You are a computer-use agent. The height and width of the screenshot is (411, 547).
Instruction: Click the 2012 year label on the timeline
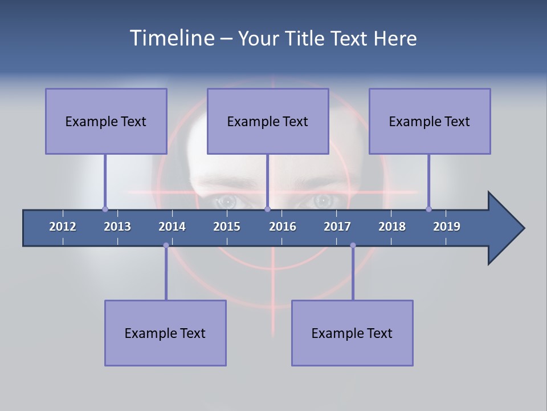(x=63, y=227)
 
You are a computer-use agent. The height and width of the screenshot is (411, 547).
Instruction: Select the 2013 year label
(x=117, y=227)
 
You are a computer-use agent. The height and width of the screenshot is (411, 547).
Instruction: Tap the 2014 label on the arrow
(x=172, y=227)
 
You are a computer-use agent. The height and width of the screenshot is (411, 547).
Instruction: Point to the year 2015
(x=227, y=227)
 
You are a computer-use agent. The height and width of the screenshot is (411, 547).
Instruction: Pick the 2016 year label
(x=283, y=227)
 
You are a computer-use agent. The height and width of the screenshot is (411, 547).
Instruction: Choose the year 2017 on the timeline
(x=337, y=227)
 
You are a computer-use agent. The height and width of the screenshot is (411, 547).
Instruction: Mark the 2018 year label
(x=392, y=227)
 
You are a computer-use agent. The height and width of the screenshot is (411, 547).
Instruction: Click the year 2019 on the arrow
(x=447, y=227)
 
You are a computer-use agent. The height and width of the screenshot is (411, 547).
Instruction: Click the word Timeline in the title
(x=171, y=38)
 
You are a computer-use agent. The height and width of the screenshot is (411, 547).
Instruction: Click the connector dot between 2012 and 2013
(x=105, y=209)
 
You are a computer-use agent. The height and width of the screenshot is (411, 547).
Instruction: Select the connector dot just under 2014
(x=166, y=245)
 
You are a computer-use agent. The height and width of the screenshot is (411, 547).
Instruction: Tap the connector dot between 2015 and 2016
(x=267, y=209)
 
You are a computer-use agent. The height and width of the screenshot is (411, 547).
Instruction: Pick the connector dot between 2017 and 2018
(x=353, y=245)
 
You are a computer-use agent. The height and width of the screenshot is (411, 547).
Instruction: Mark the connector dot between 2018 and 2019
(x=428, y=209)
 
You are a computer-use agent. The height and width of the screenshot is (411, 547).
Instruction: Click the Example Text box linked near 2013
(x=106, y=121)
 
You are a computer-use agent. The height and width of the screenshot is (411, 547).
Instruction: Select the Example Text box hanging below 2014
(x=165, y=333)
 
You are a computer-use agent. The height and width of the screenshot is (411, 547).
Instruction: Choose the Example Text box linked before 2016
(x=268, y=121)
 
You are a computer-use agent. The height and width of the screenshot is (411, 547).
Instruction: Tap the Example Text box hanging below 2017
(x=352, y=333)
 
